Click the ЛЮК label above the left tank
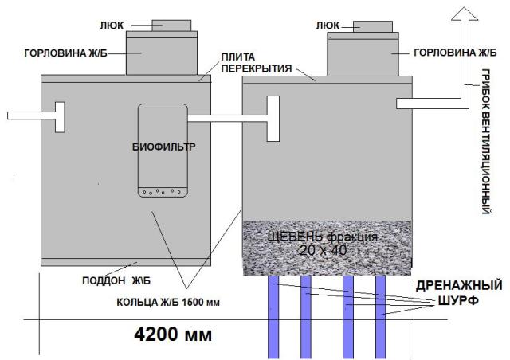click(x=112, y=25)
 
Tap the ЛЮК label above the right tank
click(x=328, y=25)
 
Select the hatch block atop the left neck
click(x=171, y=25)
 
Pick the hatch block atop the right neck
click(x=373, y=26)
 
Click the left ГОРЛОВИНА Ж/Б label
click(x=65, y=53)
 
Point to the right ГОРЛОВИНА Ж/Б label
click(x=455, y=53)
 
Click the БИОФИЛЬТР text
click(x=164, y=147)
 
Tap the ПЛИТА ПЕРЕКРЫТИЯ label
click(x=257, y=63)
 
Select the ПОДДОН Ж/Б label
click(x=116, y=280)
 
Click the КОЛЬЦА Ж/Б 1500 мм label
click(x=168, y=303)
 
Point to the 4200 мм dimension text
click(x=173, y=335)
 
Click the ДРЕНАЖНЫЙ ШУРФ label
click(x=459, y=293)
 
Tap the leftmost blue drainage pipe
click(x=273, y=317)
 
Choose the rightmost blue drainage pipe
click(x=381, y=317)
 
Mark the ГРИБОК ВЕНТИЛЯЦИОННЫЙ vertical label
click(x=485, y=142)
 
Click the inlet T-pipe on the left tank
click(x=36, y=116)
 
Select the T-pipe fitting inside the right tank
click(x=273, y=119)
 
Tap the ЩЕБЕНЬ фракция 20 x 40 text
click(x=323, y=244)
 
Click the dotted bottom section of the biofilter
click(x=163, y=192)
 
